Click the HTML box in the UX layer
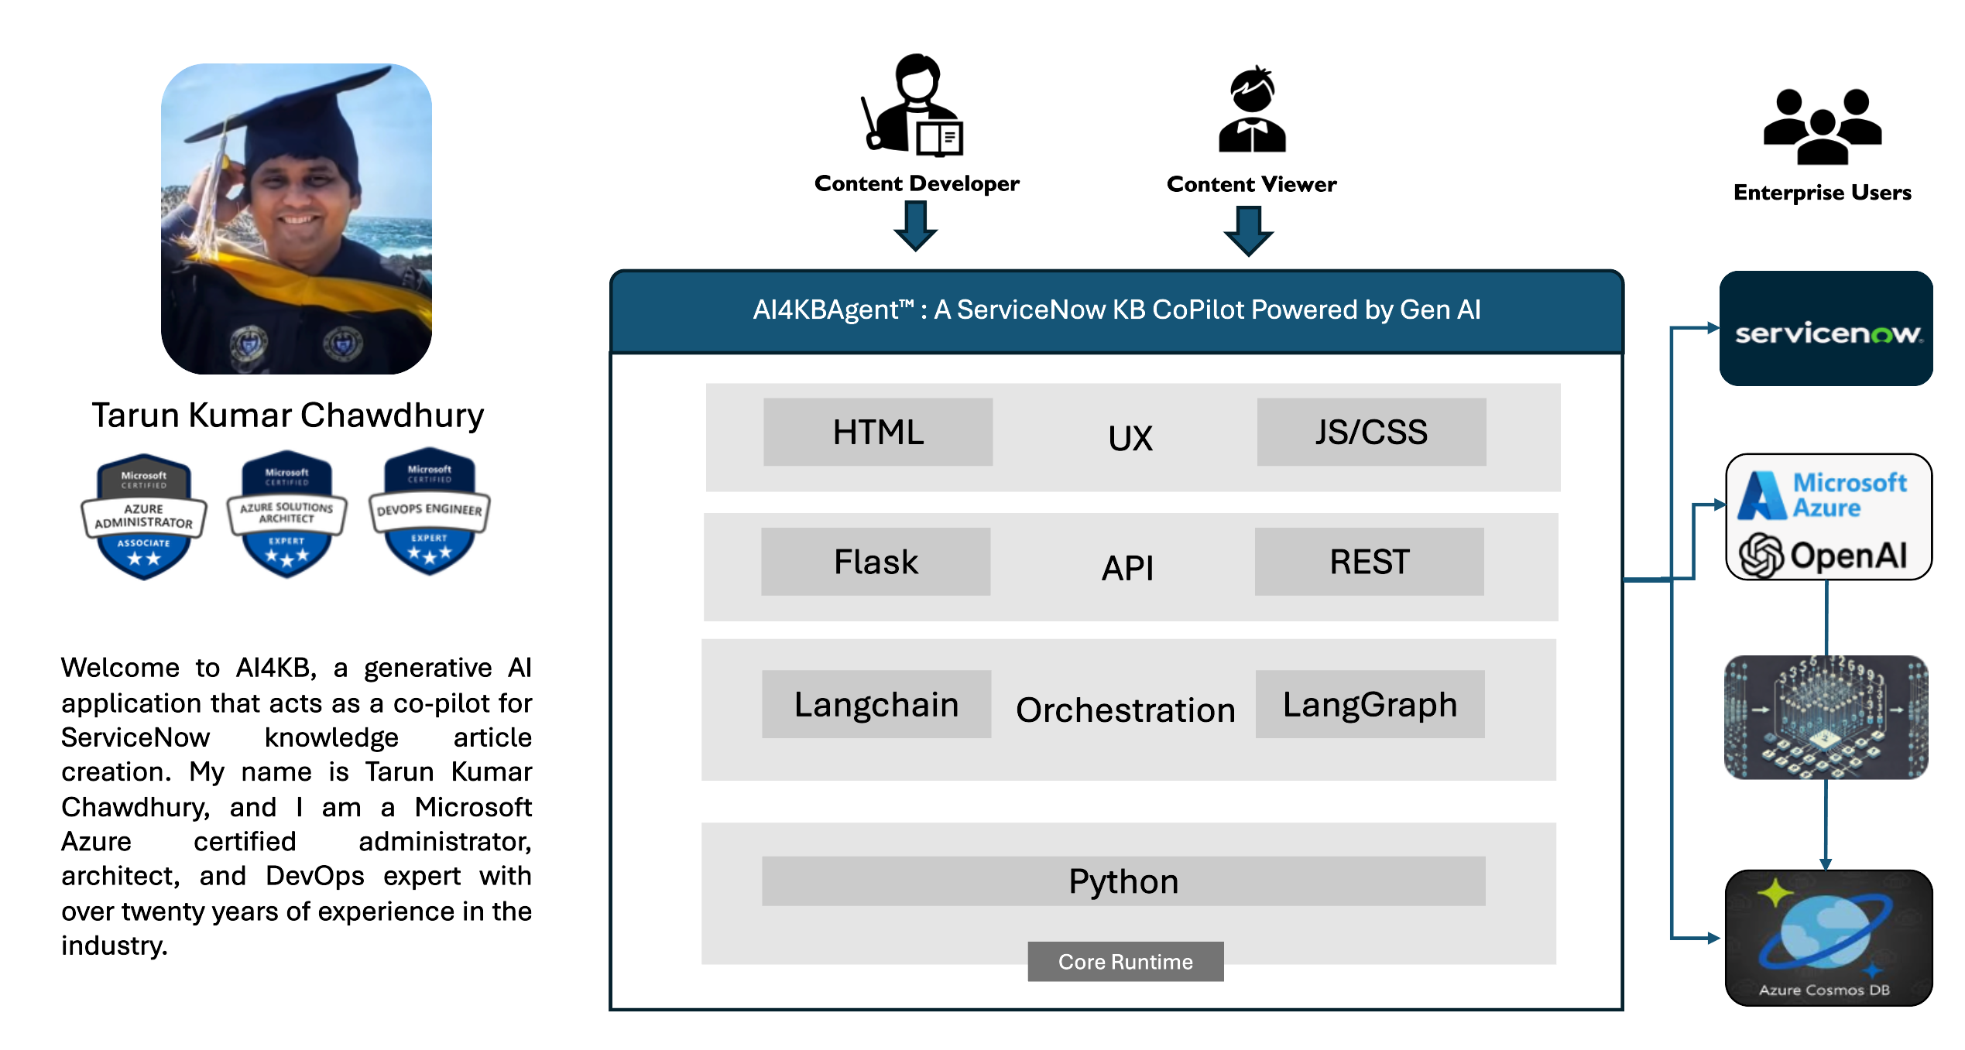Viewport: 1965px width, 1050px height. click(878, 432)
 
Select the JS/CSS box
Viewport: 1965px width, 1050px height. click(1371, 432)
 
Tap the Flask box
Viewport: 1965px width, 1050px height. click(876, 562)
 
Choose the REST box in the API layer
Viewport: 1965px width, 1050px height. click(1369, 562)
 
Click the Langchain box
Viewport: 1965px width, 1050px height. click(876, 704)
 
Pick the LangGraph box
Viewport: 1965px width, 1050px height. click(1370, 704)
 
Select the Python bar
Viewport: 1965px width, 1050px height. click(1123, 881)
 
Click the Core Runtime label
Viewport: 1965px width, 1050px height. click(1126, 962)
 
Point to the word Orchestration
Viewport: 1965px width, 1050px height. click(1126, 710)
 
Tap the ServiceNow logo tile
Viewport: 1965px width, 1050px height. click(1826, 328)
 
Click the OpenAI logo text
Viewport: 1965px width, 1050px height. click(1848, 555)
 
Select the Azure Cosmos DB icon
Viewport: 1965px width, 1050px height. click(1828, 938)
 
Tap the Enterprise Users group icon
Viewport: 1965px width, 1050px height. click(1823, 127)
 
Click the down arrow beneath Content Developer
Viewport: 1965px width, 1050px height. click(916, 226)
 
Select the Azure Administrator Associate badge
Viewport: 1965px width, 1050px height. click(144, 517)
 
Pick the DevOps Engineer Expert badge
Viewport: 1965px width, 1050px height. click(430, 511)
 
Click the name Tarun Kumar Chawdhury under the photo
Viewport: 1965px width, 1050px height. click(288, 416)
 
